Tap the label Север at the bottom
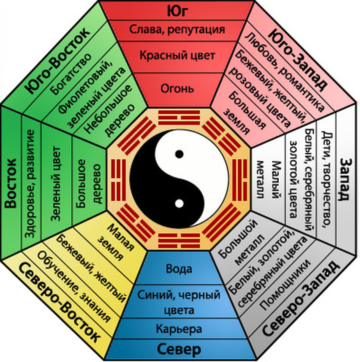(179, 349)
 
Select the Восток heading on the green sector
(11, 184)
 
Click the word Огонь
(177, 89)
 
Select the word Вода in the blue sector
(179, 269)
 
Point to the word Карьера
(179, 329)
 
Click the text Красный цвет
(177, 56)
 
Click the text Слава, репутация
(177, 29)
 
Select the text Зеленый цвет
(56, 184)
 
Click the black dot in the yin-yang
(179, 154)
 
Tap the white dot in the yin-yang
(179, 204)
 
